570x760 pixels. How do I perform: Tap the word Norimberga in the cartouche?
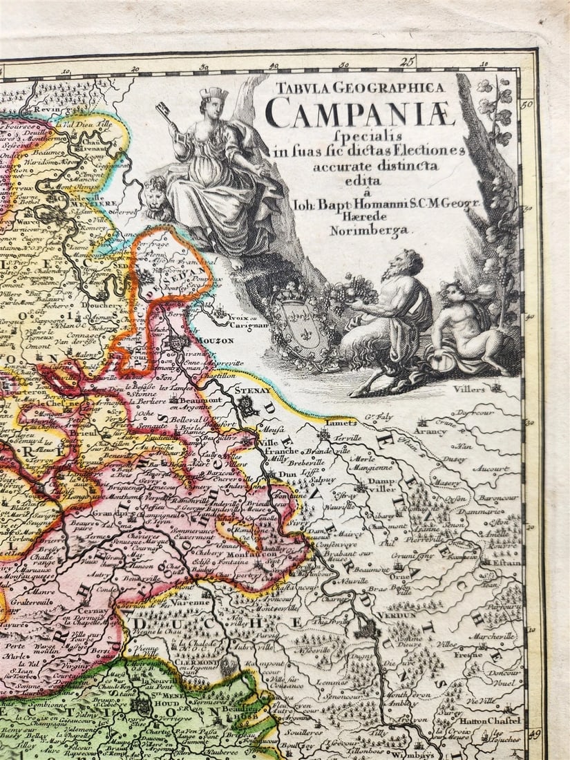click(x=369, y=231)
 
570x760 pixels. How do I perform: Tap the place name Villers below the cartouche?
click(x=469, y=389)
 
